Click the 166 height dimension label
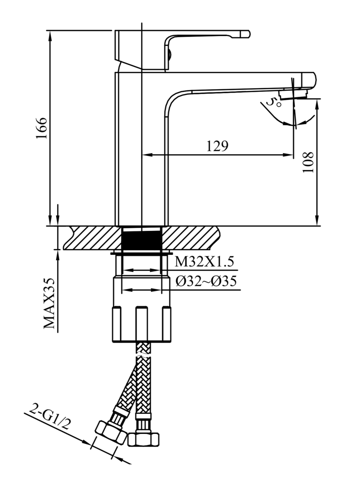pos(42,128)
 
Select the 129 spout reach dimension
pos(217,146)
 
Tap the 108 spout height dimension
pos(308,162)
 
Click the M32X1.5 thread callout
pos(204,262)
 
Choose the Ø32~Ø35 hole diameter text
pos(205,281)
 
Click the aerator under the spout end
pos(293,94)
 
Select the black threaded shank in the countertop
pos(142,238)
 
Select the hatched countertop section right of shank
pos(192,238)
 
